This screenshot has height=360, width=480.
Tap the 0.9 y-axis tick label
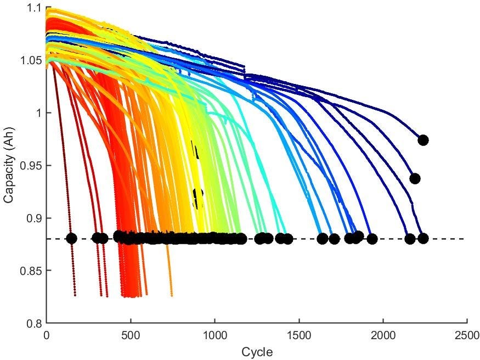[x=34, y=218]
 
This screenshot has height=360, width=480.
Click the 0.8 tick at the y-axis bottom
[x=34, y=323]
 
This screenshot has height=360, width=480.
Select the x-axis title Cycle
[x=257, y=351]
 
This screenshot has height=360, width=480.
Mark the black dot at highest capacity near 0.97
[x=423, y=140]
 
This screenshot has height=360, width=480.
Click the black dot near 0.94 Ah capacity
[x=415, y=178]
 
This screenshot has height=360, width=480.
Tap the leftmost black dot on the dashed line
[x=71, y=238]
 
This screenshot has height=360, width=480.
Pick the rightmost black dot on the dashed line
[x=423, y=238]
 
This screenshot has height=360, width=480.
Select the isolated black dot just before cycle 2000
[x=372, y=239]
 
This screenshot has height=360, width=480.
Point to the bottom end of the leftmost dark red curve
[x=75, y=295]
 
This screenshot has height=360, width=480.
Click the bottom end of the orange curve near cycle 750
[x=172, y=295]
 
